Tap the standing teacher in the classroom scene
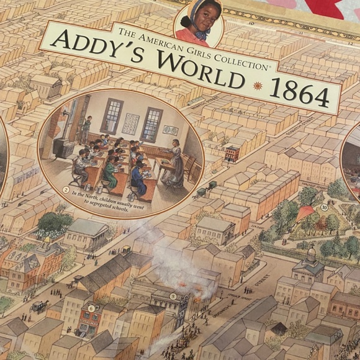click(176, 163)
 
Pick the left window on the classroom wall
click(112, 116)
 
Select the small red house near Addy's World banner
click(232, 152)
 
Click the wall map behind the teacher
click(169, 130)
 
